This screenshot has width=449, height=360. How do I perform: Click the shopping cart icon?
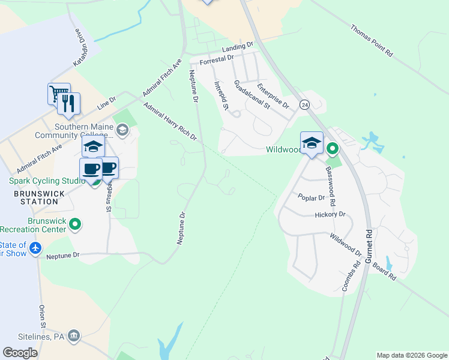[x=59, y=94]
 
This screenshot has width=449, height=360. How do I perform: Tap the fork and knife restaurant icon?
[x=69, y=103]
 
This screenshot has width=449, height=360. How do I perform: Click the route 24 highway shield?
[x=305, y=104]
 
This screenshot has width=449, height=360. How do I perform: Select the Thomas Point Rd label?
[x=372, y=41]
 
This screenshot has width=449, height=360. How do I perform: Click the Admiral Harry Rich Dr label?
[x=170, y=122]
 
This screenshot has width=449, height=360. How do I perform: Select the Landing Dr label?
[x=238, y=47]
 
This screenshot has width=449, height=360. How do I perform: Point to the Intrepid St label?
[x=222, y=97]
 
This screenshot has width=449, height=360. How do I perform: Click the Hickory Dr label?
[x=330, y=214]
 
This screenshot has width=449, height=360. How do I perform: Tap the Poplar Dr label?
[x=311, y=197]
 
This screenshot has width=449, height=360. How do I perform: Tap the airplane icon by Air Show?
[x=35, y=247]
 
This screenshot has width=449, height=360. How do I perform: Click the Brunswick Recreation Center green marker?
[x=74, y=224]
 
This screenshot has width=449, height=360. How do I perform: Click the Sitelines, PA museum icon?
[x=74, y=334]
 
